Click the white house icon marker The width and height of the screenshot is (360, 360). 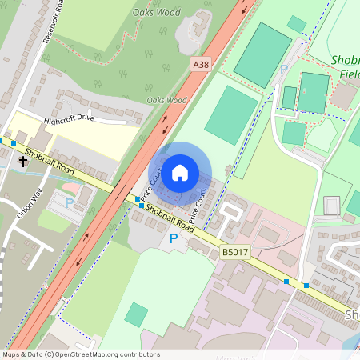coord(180,172)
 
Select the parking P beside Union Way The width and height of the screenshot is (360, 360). coord(69,204)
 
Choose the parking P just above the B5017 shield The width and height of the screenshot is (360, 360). coord(174,238)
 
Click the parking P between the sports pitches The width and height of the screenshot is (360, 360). coord(283,70)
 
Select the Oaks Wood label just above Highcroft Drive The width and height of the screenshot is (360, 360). coord(166,100)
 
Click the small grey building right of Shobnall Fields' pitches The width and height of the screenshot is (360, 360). coord(344,95)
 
